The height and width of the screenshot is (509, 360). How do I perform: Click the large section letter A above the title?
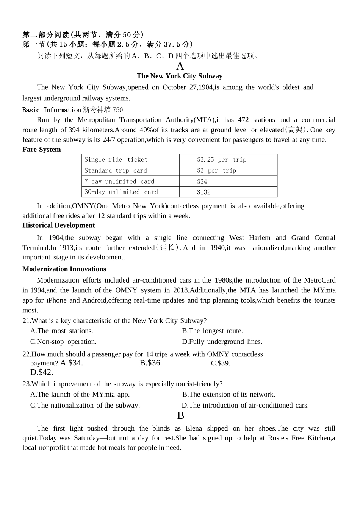click(x=180, y=66)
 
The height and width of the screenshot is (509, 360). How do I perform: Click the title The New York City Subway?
click(x=180, y=76)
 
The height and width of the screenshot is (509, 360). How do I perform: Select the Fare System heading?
click(x=42, y=150)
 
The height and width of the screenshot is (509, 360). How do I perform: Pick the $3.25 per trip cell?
click(x=221, y=160)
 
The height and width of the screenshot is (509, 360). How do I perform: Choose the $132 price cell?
click(x=203, y=192)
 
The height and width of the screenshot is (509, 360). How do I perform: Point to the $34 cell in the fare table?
click(x=202, y=181)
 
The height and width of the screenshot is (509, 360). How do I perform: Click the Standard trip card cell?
click(x=116, y=170)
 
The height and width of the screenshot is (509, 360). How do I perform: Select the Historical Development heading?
click(x=59, y=225)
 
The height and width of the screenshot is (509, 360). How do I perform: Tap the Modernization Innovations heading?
click(x=64, y=269)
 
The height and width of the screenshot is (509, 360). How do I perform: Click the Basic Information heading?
click(x=52, y=110)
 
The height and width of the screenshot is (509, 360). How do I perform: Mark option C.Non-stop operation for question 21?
click(x=63, y=342)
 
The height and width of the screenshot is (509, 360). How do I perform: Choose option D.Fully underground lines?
click(x=222, y=342)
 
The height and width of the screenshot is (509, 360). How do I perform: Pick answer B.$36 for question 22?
click(x=151, y=363)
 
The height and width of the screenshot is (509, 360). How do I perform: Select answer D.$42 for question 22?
click(x=42, y=372)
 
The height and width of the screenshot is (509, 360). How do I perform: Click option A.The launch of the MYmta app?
click(x=80, y=395)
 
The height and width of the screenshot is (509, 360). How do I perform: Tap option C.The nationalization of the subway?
click(x=85, y=406)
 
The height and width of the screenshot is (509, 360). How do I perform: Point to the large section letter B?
click(x=181, y=416)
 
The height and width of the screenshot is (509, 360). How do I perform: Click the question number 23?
click(x=27, y=384)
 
